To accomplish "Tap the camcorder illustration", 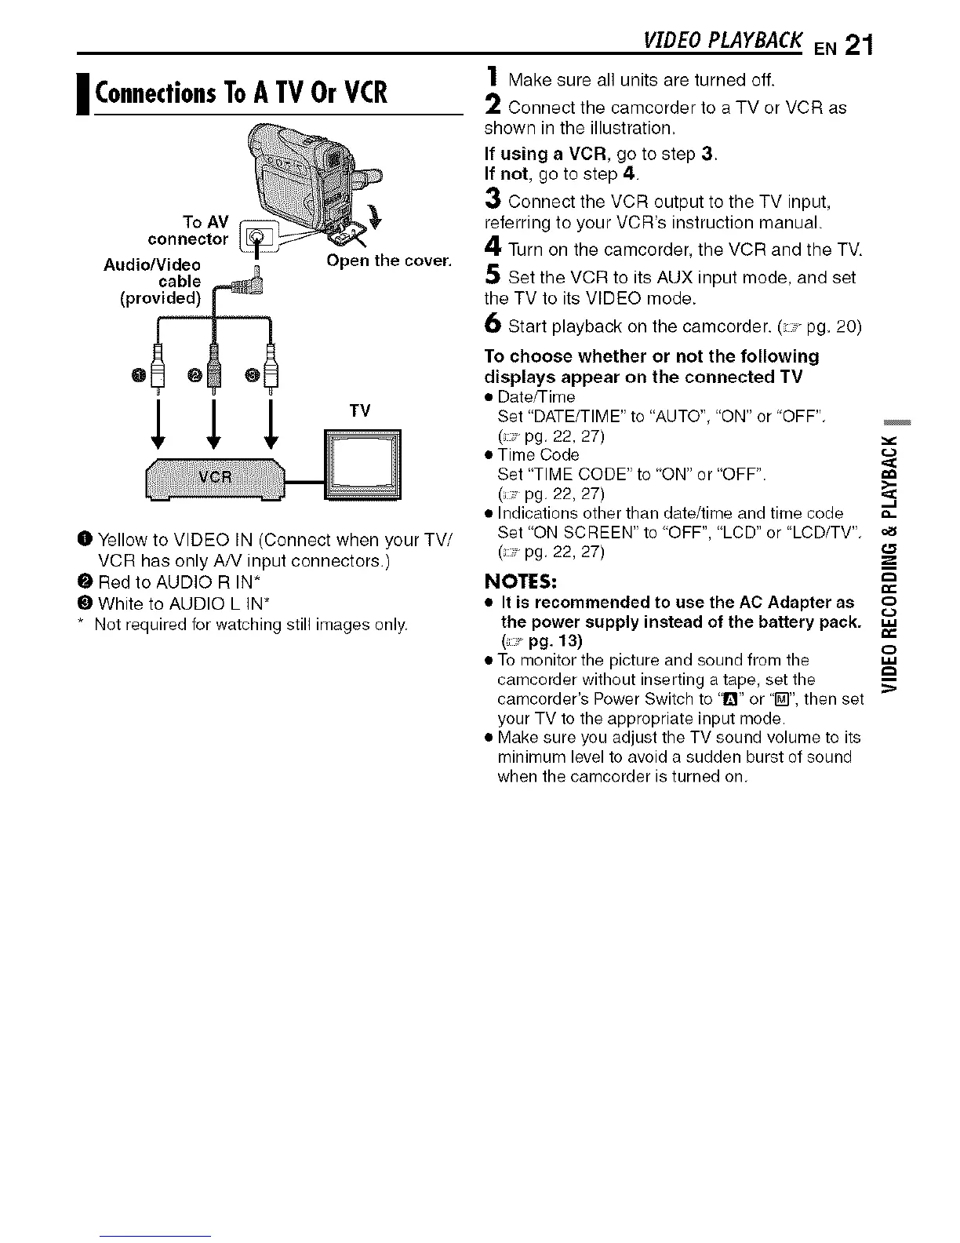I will tap(314, 173).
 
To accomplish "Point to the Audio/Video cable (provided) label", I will tap(154, 281).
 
